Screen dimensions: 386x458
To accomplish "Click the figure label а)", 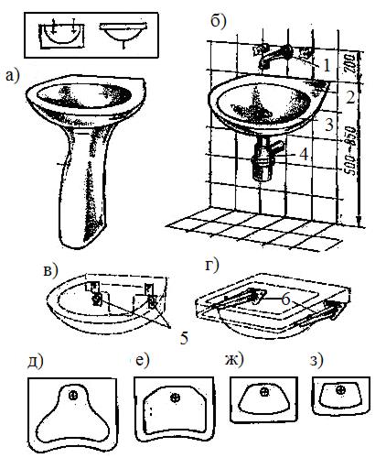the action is [12, 75].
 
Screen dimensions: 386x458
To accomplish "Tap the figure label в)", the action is [50, 269].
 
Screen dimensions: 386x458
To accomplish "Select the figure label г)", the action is [211, 266].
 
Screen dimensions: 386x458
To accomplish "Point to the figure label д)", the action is [36, 362].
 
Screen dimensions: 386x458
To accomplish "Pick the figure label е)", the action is [142, 361].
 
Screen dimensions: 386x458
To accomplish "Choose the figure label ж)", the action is [234, 360].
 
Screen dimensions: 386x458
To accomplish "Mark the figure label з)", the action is [316, 361].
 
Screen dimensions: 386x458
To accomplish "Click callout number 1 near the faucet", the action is [327, 66].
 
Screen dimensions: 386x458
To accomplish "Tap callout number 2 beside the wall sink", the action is [350, 97].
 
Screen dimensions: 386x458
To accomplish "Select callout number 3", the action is [328, 125].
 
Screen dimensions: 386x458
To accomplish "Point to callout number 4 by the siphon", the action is [304, 154].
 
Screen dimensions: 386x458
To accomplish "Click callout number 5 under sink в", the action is [184, 338].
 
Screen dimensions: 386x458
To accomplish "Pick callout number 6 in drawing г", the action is [285, 300].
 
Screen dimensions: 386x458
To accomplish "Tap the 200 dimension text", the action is [350, 63].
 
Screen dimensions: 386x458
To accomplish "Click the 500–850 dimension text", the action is [351, 150].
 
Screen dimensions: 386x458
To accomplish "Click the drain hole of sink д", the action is [73, 396].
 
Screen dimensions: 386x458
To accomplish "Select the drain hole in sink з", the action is [340, 389].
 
